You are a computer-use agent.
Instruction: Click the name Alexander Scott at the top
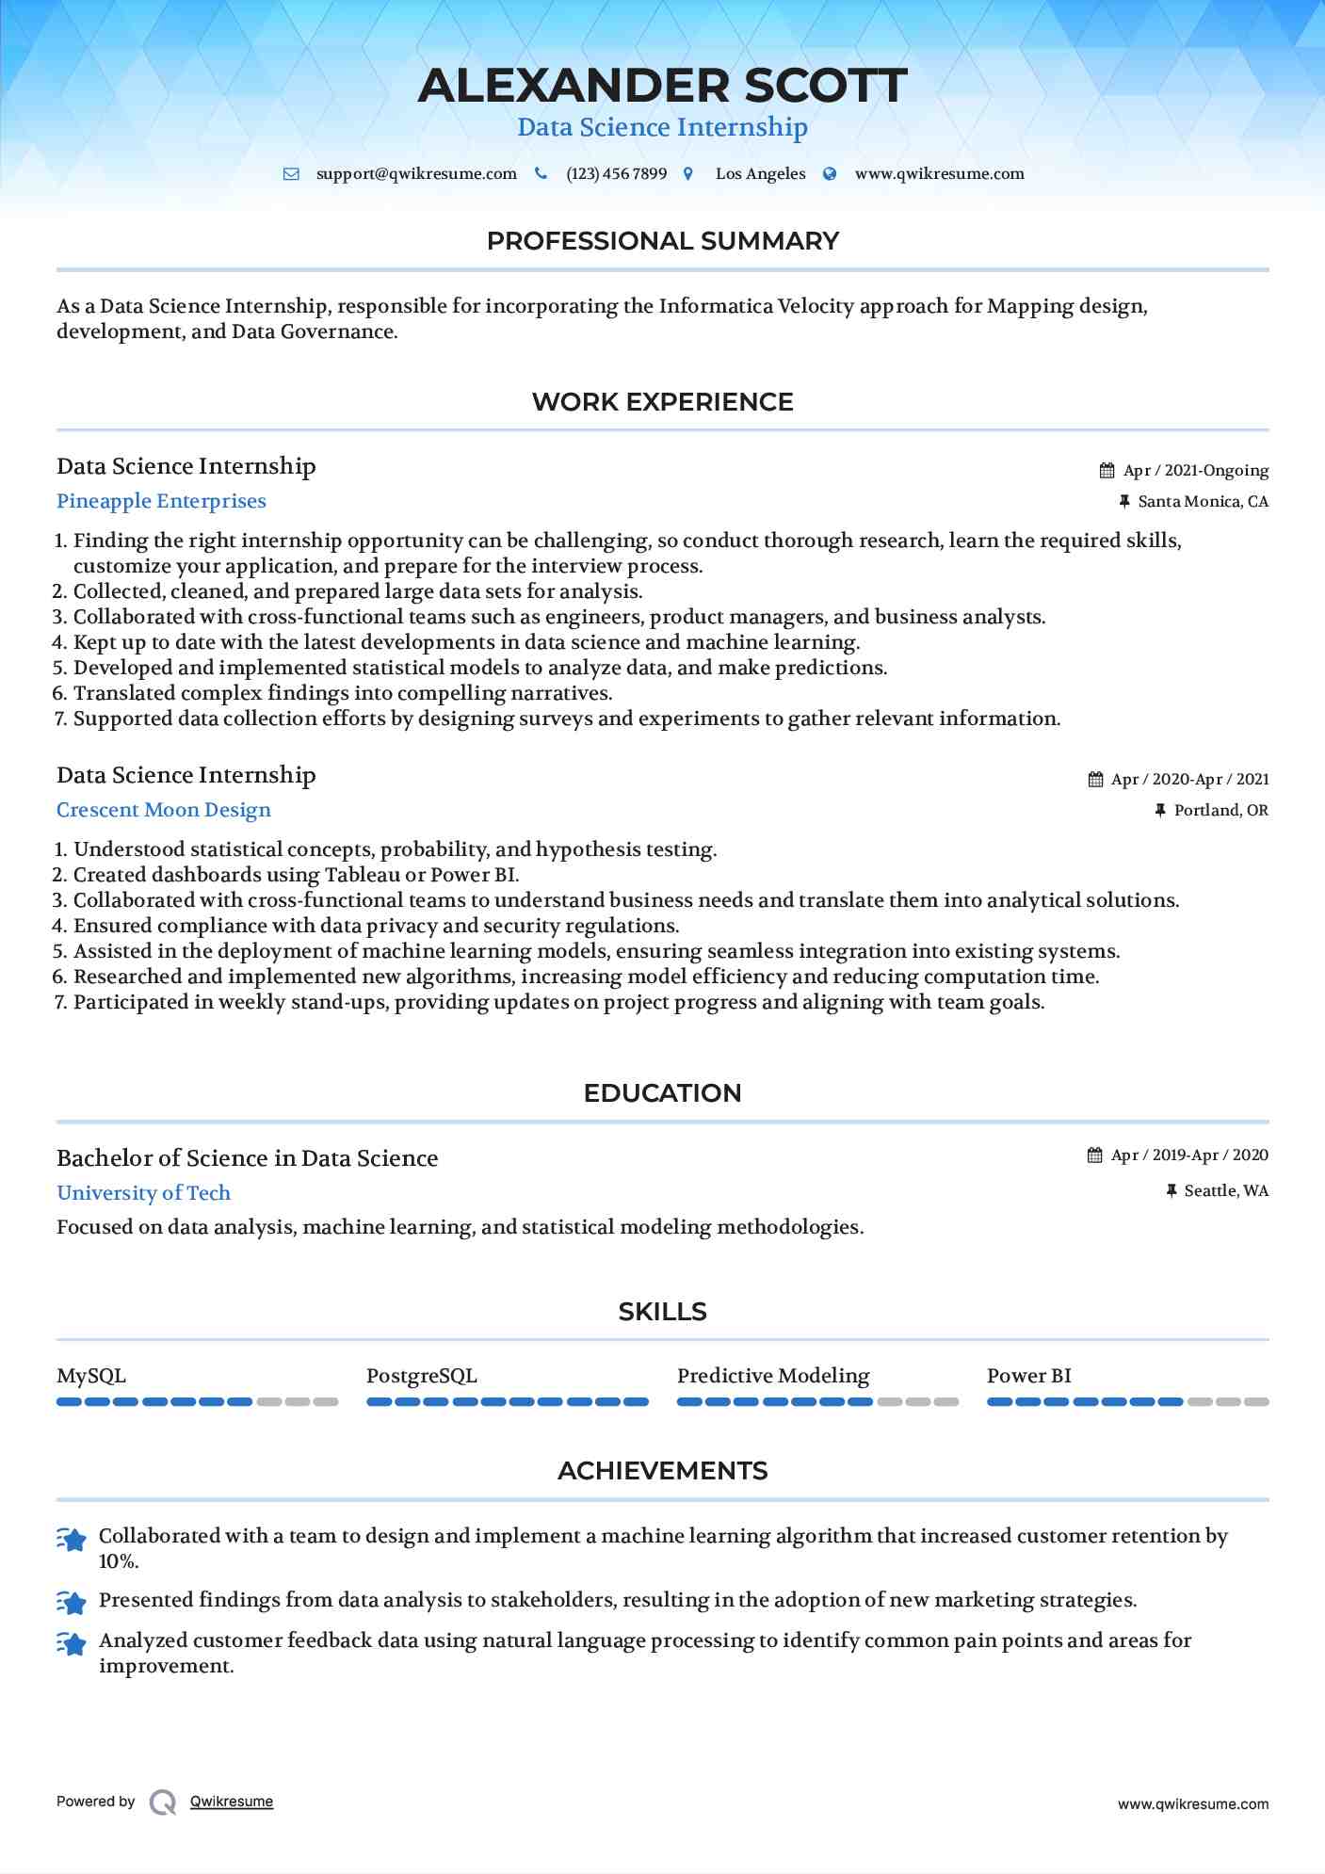pos(662,86)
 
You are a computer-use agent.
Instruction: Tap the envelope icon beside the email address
pos(291,174)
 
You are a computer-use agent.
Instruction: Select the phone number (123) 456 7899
pos(616,174)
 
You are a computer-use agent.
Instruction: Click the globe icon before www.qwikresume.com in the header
pos(830,174)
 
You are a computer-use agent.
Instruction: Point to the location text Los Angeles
pos(760,174)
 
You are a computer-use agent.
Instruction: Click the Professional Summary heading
pos(662,241)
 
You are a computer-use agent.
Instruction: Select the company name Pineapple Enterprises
pos(161,501)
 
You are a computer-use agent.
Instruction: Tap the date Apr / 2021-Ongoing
pos(1195,471)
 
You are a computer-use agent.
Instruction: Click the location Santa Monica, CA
pos(1203,502)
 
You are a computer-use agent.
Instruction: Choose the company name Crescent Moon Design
pos(163,810)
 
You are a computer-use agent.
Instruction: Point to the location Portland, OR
pos(1220,811)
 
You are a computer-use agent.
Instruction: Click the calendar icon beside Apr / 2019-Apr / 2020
pos(1094,1155)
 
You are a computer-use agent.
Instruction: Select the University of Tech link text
pos(143,1193)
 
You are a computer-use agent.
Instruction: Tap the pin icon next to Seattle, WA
pos(1171,1191)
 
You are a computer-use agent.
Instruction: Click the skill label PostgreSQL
pos(421,1376)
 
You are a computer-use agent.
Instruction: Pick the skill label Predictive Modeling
pos(773,1376)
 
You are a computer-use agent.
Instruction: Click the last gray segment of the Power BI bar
pos(1256,1402)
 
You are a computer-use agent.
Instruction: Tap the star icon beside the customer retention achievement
pos(72,1539)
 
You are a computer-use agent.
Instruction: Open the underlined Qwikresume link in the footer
pos(232,1801)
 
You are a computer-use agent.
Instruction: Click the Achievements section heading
pos(662,1471)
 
